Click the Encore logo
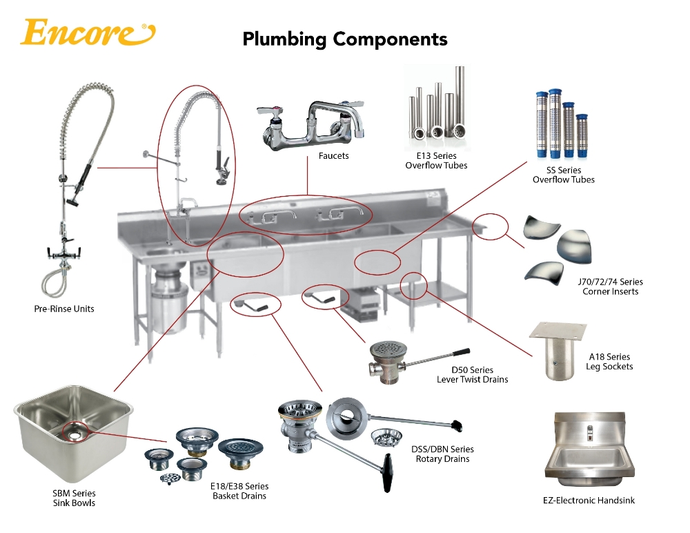click(x=87, y=32)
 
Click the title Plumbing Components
click(x=344, y=39)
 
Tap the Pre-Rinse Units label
click(x=64, y=309)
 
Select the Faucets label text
click(x=333, y=156)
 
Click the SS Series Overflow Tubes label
click(x=563, y=175)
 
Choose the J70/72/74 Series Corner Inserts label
click(x=611, y=287)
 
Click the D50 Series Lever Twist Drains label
click(x=472, y=375)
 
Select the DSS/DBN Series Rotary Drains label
click(x=442, y=454)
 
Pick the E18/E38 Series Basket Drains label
click(x=240, y=491)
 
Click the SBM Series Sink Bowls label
click(x=75, y=498)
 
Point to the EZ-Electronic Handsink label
click(x=589, y=500)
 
